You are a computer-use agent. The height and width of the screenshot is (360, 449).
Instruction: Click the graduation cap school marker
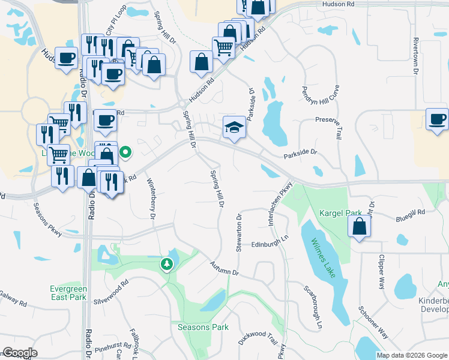pos(234,127)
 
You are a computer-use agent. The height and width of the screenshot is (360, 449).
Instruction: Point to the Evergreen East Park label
pos(68,293)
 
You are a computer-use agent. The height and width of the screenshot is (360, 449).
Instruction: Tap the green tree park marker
pos(166,263)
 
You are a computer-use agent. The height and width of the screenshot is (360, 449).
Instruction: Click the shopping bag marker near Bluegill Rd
pos(358,227)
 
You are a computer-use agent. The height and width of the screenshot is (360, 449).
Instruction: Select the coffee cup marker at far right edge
pos(438,118)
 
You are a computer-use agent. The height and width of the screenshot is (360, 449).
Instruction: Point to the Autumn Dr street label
pos(224,268)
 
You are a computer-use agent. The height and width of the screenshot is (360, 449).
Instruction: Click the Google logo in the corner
pos(19,353)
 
